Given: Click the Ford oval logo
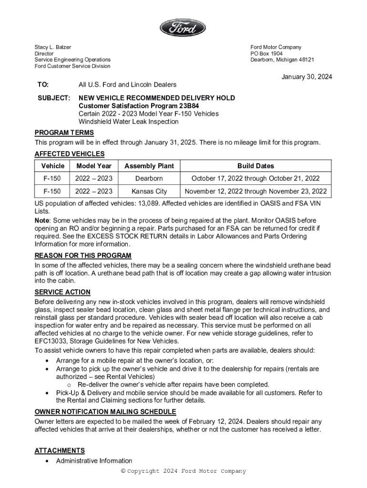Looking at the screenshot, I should (x=183, y=28).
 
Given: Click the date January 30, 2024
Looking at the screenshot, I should (x=306, y=77).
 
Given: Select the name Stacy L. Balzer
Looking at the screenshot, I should (x=52, y=47).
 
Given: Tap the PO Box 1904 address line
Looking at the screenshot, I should (x=266, y=53).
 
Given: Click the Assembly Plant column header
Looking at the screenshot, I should (x=149, y=166).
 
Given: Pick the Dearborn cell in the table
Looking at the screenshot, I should (x=149, y=178).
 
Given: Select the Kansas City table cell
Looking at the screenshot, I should (x=149, y=191).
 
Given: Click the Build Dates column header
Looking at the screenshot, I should (x=255, y=166).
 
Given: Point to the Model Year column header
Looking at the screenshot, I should (x=94, y=166).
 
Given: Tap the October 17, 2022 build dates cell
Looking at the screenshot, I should (x=255, y=178).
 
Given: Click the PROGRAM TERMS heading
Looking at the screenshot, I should (x=64, y=133).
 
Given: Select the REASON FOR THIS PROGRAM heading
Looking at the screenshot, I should (x=83, y=256).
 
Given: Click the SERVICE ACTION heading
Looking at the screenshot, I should (x=62, y=292).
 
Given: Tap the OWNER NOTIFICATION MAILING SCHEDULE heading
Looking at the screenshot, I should (x=105, y=411).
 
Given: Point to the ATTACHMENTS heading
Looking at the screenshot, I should (x=60, y=450).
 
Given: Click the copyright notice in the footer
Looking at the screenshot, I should (x=183, y=471).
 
